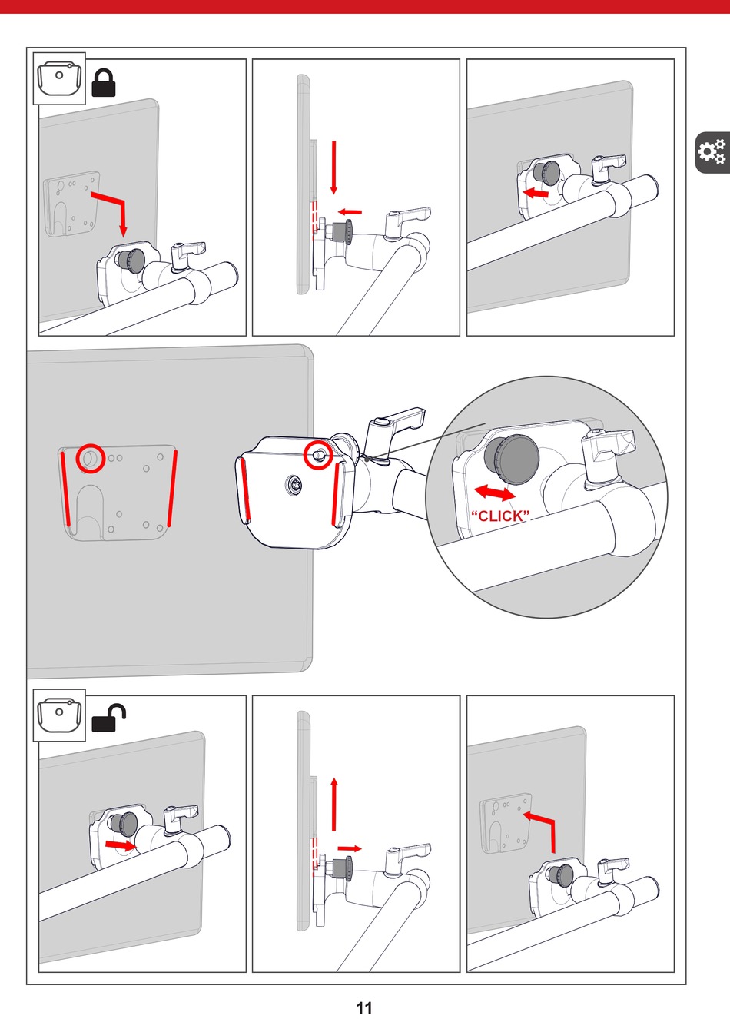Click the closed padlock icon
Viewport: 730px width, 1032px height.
(x=104, y=83)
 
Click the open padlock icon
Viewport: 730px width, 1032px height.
(x=108, y=718)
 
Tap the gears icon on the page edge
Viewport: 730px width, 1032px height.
(x=712, y=152)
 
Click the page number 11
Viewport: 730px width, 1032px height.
(x=364, y=1008)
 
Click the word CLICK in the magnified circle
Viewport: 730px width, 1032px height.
(x=500, y=516)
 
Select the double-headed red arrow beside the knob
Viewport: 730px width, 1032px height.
(x=495, y=493)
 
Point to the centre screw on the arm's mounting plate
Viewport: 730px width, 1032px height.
(x=294, y=485)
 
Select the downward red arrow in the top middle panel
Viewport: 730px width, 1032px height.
(x=334, y=168)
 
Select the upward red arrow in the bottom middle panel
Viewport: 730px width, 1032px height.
(x=334, y=805)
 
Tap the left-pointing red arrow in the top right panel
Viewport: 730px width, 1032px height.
(x=536, y=193)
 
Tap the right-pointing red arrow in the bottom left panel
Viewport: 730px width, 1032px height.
(x=120, y=845)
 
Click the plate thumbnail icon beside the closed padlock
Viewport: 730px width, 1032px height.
(x=59, y=79)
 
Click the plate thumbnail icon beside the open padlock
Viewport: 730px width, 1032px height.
(x=59, y=715)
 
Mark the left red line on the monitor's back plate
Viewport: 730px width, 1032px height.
(x=65, y=489)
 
